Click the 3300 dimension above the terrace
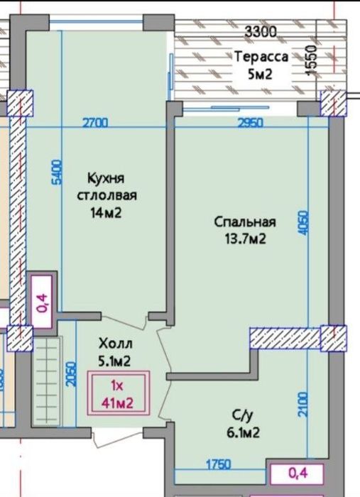point(261,32)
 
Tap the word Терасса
point(262,57)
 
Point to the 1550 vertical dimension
point(312,60)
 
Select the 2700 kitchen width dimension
point(95,123)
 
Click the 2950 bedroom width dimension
point(251,123)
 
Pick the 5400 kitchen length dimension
point(58,172)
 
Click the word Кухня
point(106,179)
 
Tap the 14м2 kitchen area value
point(107,213)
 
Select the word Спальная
point(245,222)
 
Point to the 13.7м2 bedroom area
point(245,239)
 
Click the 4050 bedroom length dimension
point(303,223)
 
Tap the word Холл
point(115,344)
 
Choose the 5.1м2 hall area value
point(114,361)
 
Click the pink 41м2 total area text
point(117,403)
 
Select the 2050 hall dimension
point(72,374)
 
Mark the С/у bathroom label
point(243,415)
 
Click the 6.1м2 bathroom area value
point(243,432)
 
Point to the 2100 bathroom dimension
point(303,404)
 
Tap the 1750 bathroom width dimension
point(219,465)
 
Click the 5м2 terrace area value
point(260,75)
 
